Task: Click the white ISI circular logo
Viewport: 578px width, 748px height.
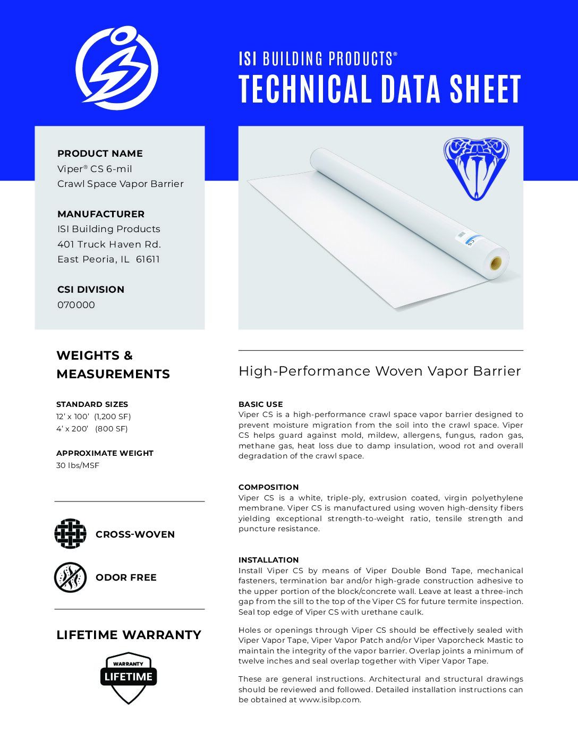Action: click(x=117, y=69)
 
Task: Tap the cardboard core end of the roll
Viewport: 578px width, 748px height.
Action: click(x=496, y=263)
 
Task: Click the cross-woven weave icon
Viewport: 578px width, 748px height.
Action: click(x=70, y=534)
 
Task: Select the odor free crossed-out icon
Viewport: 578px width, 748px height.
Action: click(x=70, y=577)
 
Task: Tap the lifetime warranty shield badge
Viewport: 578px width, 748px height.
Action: click(x=129, y=677)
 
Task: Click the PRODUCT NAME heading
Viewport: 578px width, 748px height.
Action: click(x=100, y=154)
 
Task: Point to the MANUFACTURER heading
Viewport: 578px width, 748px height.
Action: click(x=101, y=214)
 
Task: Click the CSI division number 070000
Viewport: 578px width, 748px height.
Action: click(x=76, y=305)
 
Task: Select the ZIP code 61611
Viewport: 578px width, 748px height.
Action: click(x=148, y=259)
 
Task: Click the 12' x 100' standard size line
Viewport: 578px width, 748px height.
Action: click(x=93, y=416)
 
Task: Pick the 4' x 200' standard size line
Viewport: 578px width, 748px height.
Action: click(x=92, y=429)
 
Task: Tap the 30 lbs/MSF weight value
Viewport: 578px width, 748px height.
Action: click(x=78, y=466)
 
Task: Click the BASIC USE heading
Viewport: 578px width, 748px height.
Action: click(x=260, y=404)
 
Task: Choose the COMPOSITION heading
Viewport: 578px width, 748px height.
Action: click(x=268, y=487)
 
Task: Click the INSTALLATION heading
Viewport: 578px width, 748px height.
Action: click(x=268, y=560)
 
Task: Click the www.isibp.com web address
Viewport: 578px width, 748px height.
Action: click(x=329, y=700)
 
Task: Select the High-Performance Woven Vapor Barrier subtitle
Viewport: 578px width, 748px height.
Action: click(x=379, y=371)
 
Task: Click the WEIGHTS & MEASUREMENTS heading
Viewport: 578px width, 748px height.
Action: click(x=113, y=364)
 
